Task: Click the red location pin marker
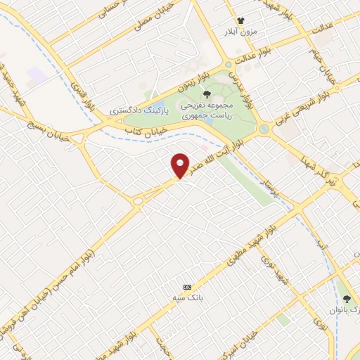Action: (181, 165)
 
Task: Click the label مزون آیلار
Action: (241, 32)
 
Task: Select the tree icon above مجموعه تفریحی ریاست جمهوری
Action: (206, 94)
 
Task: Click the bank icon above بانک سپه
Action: (187, 287)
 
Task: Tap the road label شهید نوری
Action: (269, 266)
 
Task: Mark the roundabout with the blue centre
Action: (264, 129)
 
